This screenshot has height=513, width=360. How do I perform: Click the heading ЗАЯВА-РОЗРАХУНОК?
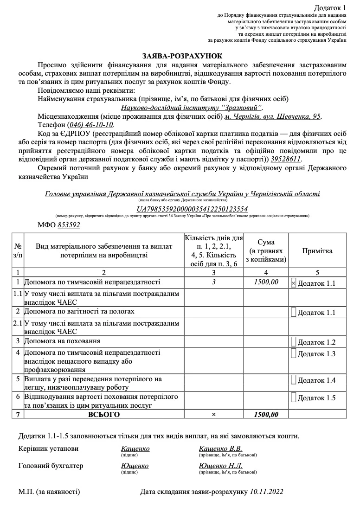[180, 56]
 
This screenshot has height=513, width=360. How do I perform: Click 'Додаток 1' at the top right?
[330, 8]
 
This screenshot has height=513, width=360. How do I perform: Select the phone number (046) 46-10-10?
[90, 125]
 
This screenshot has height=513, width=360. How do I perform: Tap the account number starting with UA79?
[193, 209]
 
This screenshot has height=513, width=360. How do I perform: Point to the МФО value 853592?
[69, 225]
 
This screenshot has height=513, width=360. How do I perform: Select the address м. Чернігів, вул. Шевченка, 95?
[272, 116]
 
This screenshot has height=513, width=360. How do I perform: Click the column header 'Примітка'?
[317, 251]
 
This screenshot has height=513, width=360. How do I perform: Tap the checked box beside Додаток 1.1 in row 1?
[293, 282]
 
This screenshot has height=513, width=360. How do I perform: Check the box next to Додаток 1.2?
[293, 341]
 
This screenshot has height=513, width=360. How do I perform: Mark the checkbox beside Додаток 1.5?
[293, 397]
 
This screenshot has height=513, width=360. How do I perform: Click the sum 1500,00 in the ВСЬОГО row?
[266, 414]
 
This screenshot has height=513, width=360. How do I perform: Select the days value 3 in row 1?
[213, 282]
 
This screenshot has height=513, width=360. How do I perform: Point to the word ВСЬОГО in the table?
[104, 414]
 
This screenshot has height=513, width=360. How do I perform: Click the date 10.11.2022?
[266, 491]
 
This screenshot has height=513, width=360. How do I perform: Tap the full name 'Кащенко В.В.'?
[220, 449]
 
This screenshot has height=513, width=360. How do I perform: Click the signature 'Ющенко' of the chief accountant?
[135, 466]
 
